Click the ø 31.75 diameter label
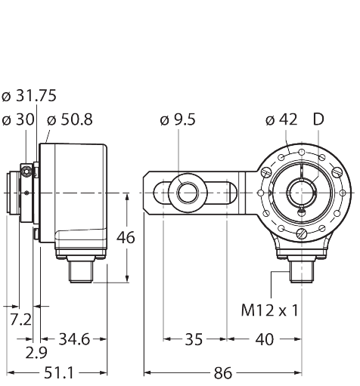point(29,96)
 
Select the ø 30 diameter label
point(18,119)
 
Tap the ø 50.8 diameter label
point(70,119)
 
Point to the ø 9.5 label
point(178,119)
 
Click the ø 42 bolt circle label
point(281,119)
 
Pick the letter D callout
point(318,119)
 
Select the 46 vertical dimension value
point(126,237)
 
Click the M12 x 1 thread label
point(270,310)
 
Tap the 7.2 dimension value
point(20,320)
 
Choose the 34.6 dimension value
point(74,339)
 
